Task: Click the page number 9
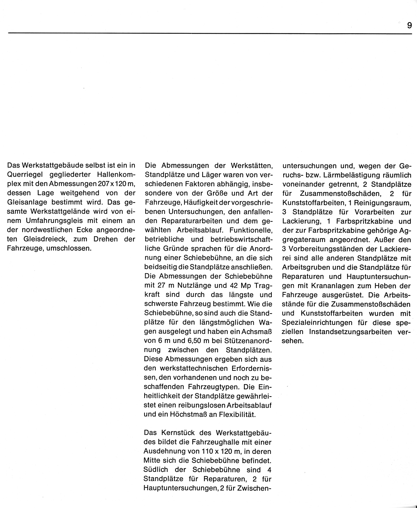(x=409, y=26)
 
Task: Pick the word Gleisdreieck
(x=38, y=239)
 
